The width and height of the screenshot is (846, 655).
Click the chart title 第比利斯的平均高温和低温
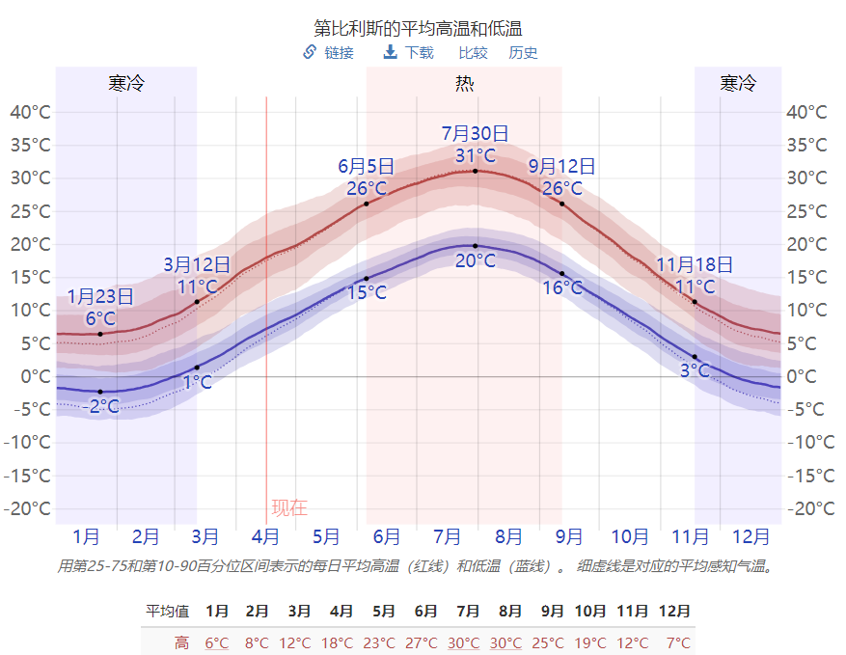coord(423,28)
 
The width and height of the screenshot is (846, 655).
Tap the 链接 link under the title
coord(338,53)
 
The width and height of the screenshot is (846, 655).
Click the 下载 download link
coord(419,53)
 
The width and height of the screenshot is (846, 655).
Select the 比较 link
coord(473,53)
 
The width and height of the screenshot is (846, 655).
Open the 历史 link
coord(523,53)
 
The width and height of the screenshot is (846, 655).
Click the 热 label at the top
coord(464,83)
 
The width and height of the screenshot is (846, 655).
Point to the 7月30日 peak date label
coord(475,134)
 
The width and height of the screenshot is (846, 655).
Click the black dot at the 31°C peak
coord(475,171)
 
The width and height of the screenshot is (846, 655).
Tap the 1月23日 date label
coord(100,297)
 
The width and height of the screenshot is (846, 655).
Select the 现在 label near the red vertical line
coord(288,507)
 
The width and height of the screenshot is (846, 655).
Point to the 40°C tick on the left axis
coord(30,112)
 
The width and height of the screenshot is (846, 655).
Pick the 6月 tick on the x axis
coord(386,536)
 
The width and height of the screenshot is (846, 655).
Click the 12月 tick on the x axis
coord(750,536)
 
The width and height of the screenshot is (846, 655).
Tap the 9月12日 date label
coord(561,167)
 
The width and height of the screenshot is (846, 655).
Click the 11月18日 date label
coord(695,264)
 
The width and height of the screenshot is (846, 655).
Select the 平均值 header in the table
coord(167,612)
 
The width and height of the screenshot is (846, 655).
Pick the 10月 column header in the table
coord(589,612)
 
